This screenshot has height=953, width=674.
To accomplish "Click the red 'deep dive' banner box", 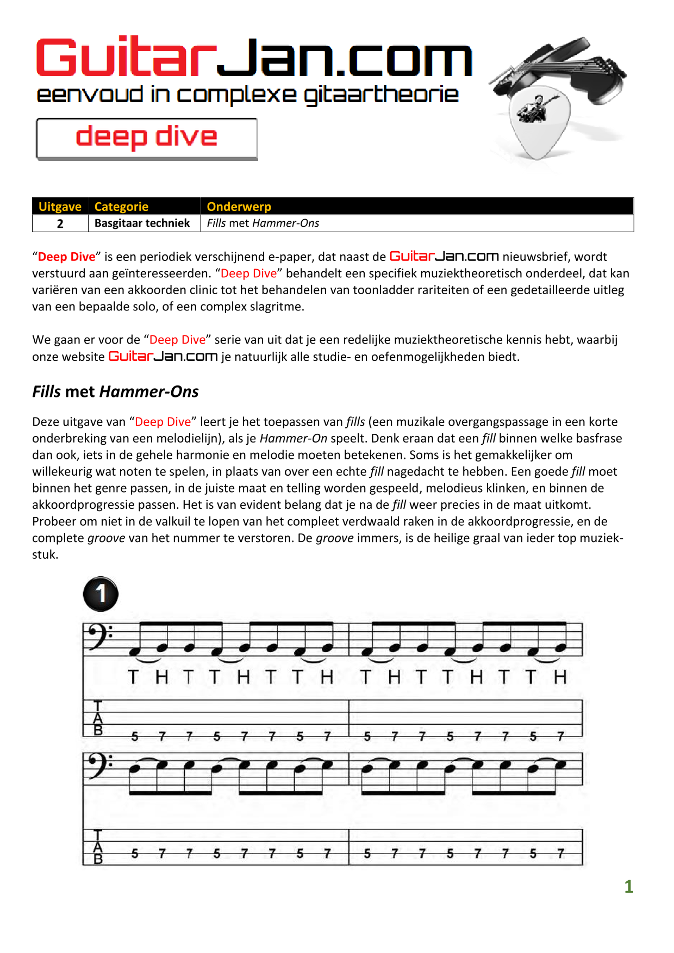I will [x=147, y=138].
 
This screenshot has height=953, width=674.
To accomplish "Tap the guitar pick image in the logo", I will [x=539, y=123].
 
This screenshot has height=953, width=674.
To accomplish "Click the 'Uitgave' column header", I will [x=60, y=207].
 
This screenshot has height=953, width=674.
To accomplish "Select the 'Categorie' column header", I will [x=121, y=207].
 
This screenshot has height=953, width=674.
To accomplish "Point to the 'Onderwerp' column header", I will [x=239, y=207].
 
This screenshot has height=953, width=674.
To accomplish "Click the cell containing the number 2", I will [x=60, y=223].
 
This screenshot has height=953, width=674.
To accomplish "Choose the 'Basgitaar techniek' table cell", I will [x=142, y=223].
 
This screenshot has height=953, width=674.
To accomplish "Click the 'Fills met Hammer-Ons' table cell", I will [x=263, y=223].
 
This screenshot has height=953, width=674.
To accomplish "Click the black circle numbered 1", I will [x=101, y=594].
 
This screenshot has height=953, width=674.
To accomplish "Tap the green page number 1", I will [x=629, y=887].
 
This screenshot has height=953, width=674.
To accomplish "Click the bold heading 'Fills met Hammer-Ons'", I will [x=115, y=391].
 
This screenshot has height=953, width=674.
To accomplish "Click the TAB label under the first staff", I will [x=98, y=718].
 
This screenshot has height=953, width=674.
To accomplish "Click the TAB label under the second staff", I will [x=98, y=847].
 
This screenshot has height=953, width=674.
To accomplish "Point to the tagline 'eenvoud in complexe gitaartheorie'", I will [x=247, y=95].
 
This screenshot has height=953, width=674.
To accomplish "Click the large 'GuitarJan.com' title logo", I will [x=254, y=58].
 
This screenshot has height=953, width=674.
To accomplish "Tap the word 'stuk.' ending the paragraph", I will [x=45, y=555].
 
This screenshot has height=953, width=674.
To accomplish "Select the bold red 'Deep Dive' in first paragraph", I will [x=66, y=257].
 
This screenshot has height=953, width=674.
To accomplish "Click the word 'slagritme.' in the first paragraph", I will [x=277, y=307].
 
